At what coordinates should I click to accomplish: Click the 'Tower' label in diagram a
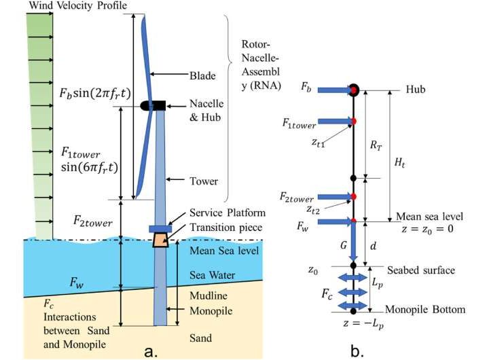click(204, 181)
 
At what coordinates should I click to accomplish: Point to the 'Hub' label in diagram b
click(416, 89)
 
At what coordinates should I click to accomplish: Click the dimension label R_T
click(374, 145)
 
